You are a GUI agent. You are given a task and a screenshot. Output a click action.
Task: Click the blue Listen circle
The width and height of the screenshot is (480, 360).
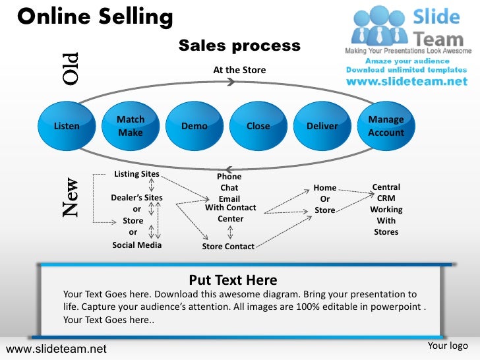click(x=67, y=126)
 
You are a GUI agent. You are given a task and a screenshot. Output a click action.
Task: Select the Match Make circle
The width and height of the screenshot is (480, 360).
click(x=131, y=126)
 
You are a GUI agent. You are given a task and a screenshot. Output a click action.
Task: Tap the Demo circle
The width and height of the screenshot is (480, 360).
click(x=195, y=126)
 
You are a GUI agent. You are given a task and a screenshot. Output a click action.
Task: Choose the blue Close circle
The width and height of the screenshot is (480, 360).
click(x=258, y=126)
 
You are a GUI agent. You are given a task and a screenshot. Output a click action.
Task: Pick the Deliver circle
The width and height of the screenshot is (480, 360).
click(x=322, y=126)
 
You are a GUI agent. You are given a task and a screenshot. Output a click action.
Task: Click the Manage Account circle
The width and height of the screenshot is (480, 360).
click(x=386, y=126)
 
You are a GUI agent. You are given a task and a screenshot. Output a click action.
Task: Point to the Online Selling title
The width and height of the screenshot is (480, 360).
click(x=95, y=16)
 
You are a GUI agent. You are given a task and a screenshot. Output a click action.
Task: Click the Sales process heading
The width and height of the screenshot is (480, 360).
click(x=239, y=45)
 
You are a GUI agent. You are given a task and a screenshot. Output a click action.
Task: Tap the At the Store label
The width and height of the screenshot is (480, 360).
click(x=239, y=69)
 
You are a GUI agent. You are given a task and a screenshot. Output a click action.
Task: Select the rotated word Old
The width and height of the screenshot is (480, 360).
click(x=70, y=68)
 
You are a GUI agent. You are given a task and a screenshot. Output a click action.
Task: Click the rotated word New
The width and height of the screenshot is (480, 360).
click(x=71, y=198)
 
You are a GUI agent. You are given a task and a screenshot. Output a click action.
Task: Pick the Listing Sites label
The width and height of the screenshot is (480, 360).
click(x=136, y=174)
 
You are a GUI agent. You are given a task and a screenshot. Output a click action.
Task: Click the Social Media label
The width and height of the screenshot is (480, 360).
click(x=136, y=245)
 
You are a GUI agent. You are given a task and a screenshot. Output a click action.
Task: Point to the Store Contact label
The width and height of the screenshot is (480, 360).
click(x=228, y=247)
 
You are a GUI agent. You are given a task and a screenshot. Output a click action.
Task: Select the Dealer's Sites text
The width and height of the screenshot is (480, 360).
click(x=136, y=197)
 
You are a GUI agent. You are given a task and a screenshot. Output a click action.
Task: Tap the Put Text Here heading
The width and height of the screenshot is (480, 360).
click(x=233, y=280)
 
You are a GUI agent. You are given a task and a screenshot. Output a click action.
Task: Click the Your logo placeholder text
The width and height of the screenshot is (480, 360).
click(x=448, y=345)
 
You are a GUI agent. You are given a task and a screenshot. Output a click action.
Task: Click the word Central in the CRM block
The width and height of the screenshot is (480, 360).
click(x=386, y=187)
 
